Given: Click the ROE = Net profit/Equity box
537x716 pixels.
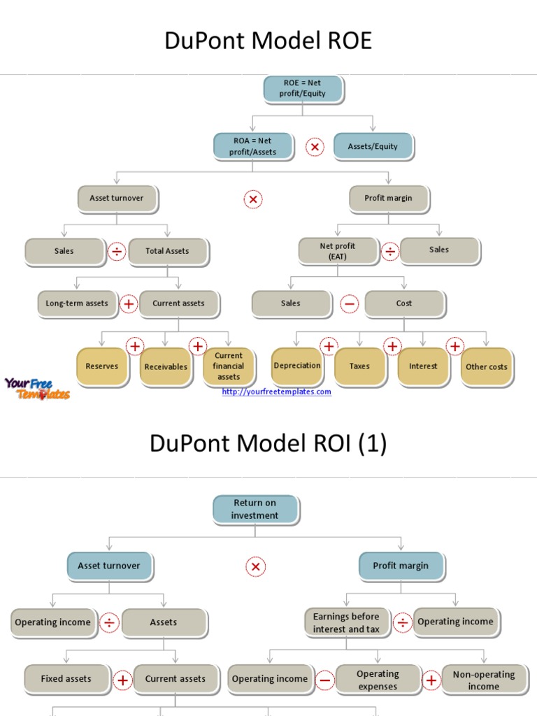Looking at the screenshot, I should click(303, 88).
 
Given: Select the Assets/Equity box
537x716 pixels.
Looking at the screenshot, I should click(373, 146).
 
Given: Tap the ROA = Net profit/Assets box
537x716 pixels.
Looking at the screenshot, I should click(253, 146).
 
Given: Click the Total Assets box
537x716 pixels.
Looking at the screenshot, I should click(167, 251).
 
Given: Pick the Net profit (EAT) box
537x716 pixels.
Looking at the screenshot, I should click(338, 251).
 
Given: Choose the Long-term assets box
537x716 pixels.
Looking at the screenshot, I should click(77, 303).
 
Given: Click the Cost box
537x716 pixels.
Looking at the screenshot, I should click(404, 303).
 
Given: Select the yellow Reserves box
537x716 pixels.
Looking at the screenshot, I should click(102, 366).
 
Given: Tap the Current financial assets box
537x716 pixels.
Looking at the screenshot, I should click(229, 366).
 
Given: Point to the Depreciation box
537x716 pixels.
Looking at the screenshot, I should click(297, 366).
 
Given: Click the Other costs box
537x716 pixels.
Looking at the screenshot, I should click(487, 366).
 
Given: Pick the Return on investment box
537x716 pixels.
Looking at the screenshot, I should click(255, 509).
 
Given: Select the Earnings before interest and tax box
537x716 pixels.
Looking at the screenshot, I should click(346, 622).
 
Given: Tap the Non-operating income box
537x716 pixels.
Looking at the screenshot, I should click(483, 680).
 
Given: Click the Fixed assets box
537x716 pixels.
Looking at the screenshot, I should click(66, 678).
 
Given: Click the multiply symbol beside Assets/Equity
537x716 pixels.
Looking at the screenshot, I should click(315, 147).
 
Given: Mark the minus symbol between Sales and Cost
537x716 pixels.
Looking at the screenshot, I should click(350, 304).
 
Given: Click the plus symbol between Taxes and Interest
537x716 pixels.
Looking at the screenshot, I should click(392, 346).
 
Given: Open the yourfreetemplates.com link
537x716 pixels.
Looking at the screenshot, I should click(276, 392).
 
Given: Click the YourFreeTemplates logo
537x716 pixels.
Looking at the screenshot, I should click(36, 388).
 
